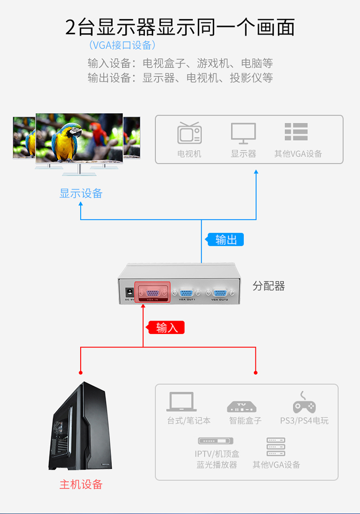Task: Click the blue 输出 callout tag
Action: click(225, 239)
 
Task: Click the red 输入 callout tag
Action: click(166, 327)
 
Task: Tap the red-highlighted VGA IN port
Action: click(153, 292)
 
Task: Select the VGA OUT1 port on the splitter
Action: click(187, 293)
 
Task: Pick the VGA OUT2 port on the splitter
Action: click(219, 293)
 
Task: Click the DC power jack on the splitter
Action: click(130, 291)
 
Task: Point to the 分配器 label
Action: click(268, 286)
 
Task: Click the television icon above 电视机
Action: click(189, 133)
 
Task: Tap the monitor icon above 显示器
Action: click(243, 133)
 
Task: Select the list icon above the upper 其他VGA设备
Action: click(296, 132)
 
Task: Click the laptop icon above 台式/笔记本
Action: click(181, 402)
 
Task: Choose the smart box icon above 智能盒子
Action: click(241, 406)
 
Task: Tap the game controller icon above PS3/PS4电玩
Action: click(304, 403)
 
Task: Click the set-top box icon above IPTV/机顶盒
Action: click(216, 441)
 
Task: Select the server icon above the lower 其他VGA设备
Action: click(276, 446)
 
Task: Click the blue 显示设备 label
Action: click(81, 193)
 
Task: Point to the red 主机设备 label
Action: click(81, 484)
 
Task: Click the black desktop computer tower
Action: click(80, 426)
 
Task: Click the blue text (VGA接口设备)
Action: click(122, 45)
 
